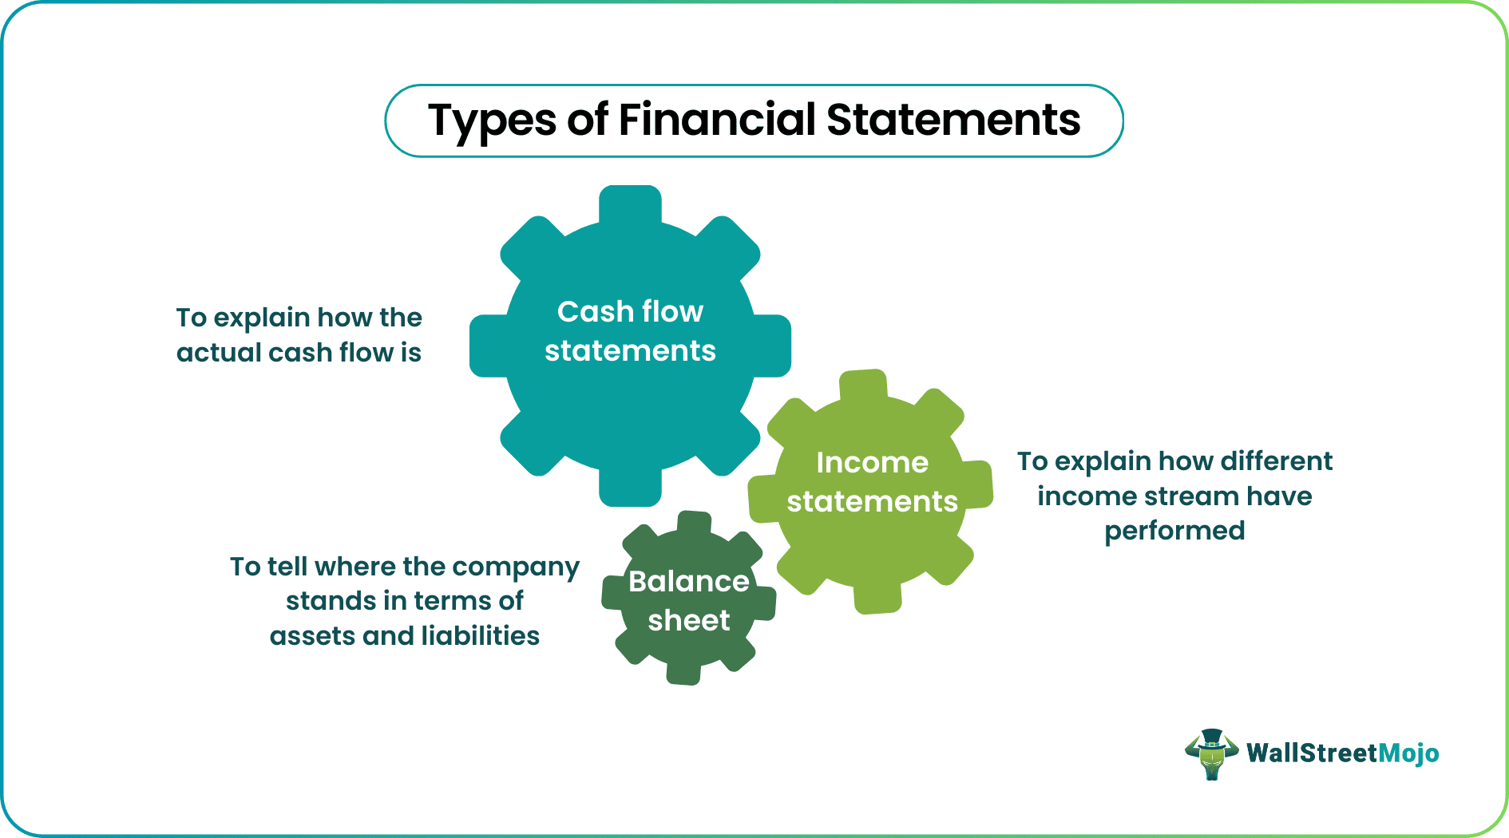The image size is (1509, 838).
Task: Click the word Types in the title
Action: click(492, 122)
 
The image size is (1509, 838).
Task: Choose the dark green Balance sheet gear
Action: click(688, 646)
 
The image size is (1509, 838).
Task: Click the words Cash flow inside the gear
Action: click(630, 311)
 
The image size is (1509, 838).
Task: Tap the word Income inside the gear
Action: click(872, 462)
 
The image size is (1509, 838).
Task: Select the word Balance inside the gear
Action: click(688, 581)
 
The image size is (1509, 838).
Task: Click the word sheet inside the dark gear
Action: click(688, 620)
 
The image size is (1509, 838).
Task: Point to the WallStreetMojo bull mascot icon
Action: click(1212, 754)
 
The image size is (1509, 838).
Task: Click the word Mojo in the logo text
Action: click(1409, 753)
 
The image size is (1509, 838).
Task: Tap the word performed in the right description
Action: click(1174, 532)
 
